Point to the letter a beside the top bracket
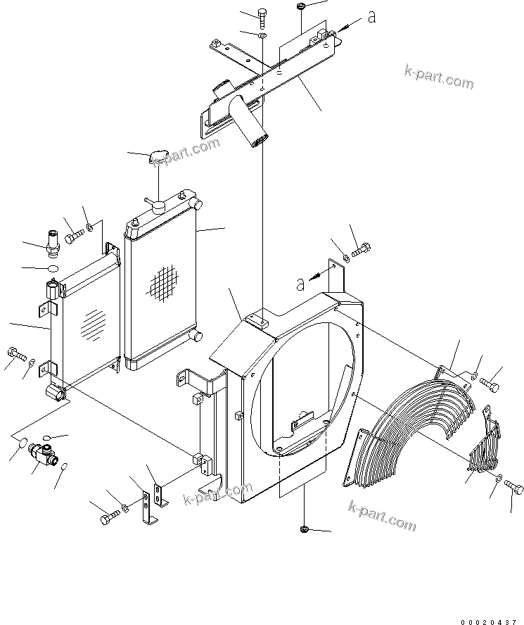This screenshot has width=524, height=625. [371, 17]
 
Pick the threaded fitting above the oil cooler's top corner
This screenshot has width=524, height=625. [53, 241]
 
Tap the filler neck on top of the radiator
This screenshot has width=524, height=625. [157, 205]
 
